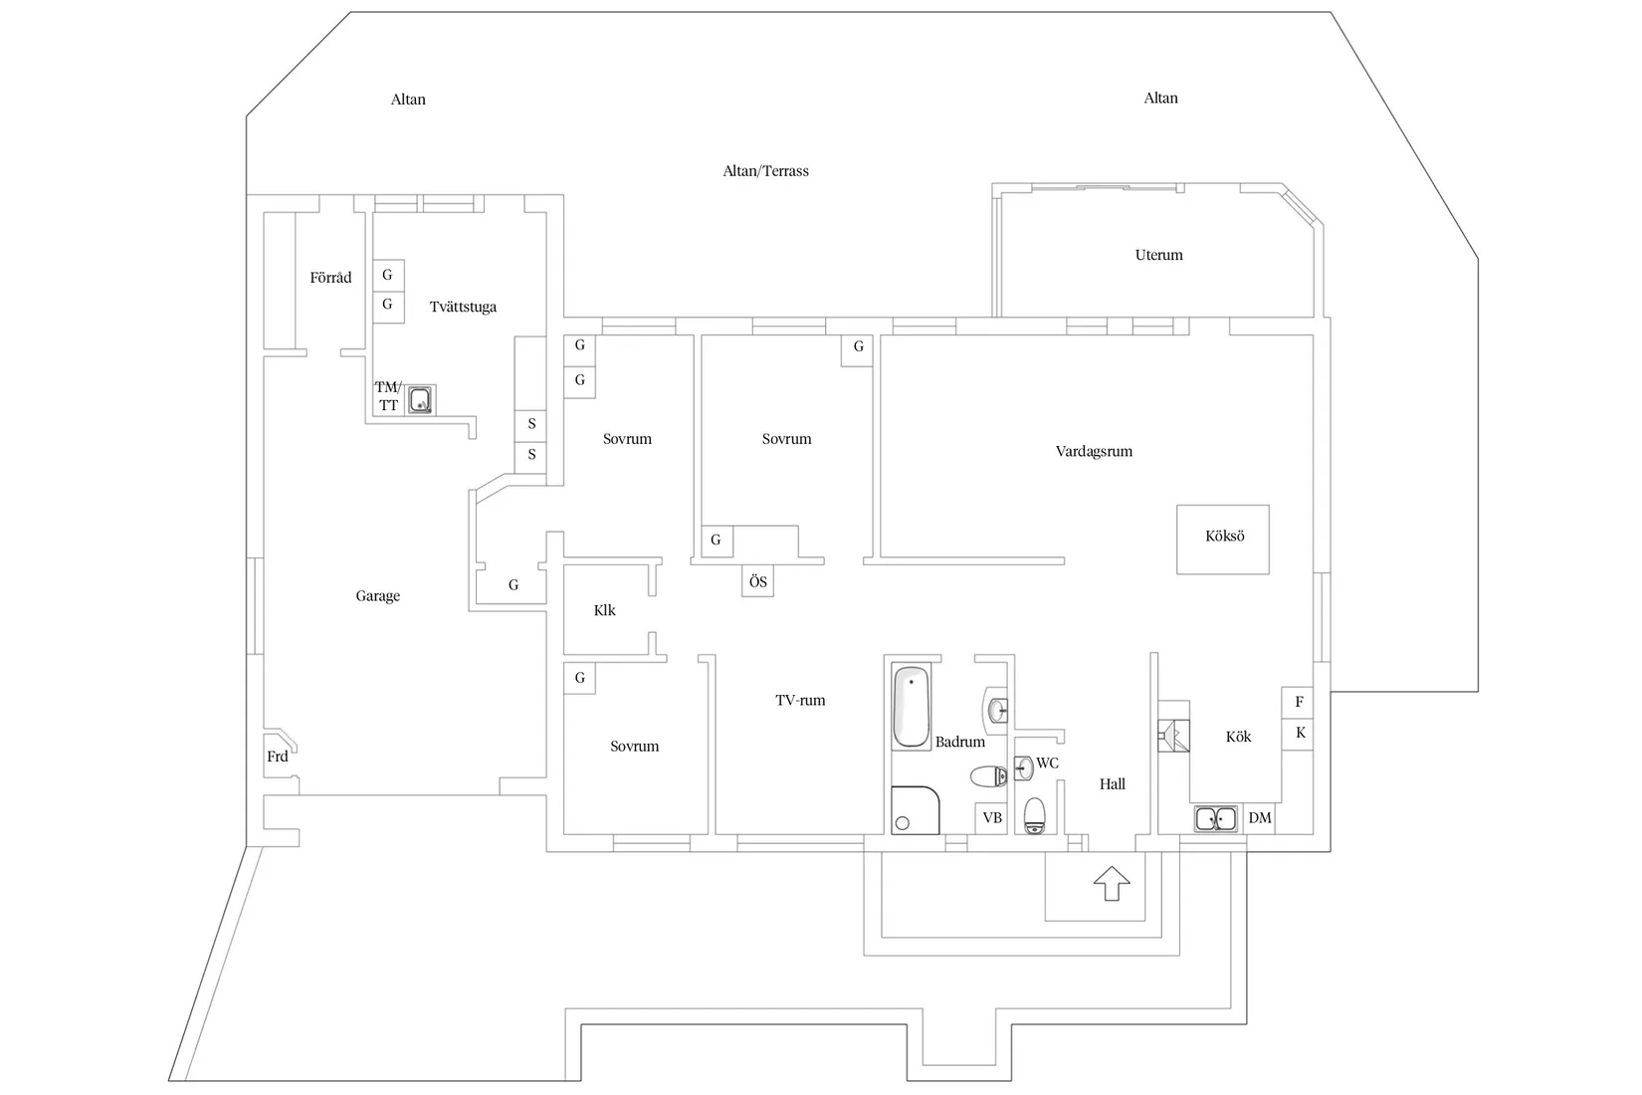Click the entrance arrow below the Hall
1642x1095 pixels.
[x=1112, y=884]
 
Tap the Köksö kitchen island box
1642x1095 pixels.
[x=1223, y=539]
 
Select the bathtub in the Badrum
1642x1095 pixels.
[x=912, y=708]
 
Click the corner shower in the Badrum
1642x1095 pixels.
[x=915, y=810]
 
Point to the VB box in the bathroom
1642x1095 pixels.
[x=991, y=818]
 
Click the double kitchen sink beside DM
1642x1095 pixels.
[x=1216, y=819]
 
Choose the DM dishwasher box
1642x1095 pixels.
[x=1260, y=818]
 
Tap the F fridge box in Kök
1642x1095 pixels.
[x=1299, y=702]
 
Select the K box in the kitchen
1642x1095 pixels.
[x=1299, y=734]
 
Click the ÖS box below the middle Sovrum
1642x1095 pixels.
[x=757, y=581]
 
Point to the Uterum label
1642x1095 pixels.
[x=1158, y=255]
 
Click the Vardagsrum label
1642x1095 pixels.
[x=1094, y=451]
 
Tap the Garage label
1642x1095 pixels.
[x=377, y=596]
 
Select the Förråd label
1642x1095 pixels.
[x=330, y=278]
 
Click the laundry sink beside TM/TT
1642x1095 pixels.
[x=421, y=400]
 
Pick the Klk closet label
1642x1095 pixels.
[x=604, y=610]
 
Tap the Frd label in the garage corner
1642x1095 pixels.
[x=278, y=757]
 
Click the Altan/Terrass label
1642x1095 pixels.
[x=765, y=171]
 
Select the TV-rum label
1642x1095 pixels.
[x=800, y=701]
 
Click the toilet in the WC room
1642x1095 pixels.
[x=1035, y=814]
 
